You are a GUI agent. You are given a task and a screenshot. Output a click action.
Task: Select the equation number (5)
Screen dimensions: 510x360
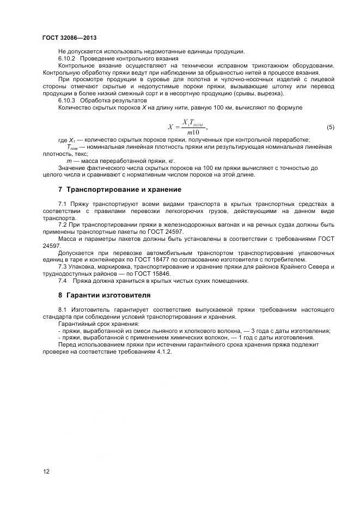331,127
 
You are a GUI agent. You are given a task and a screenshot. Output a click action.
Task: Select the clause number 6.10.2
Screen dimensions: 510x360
68,58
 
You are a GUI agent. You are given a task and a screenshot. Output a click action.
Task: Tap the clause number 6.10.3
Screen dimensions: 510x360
68,101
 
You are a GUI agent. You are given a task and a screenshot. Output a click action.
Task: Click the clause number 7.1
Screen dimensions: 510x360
63,204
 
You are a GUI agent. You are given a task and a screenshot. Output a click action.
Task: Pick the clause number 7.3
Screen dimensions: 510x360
63,267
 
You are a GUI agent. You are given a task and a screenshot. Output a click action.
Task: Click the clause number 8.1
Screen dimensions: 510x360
63,309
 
